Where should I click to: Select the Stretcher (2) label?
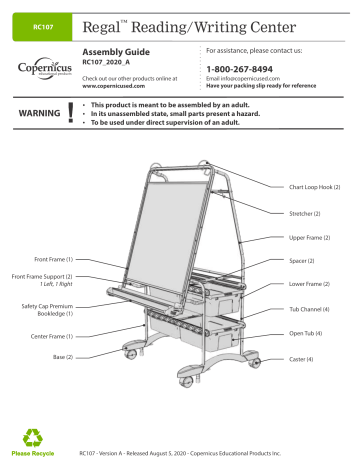point(306,213)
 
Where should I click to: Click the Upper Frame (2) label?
point(310,238)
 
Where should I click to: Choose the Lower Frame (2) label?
point(310,285)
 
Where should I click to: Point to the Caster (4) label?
point(302,358)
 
